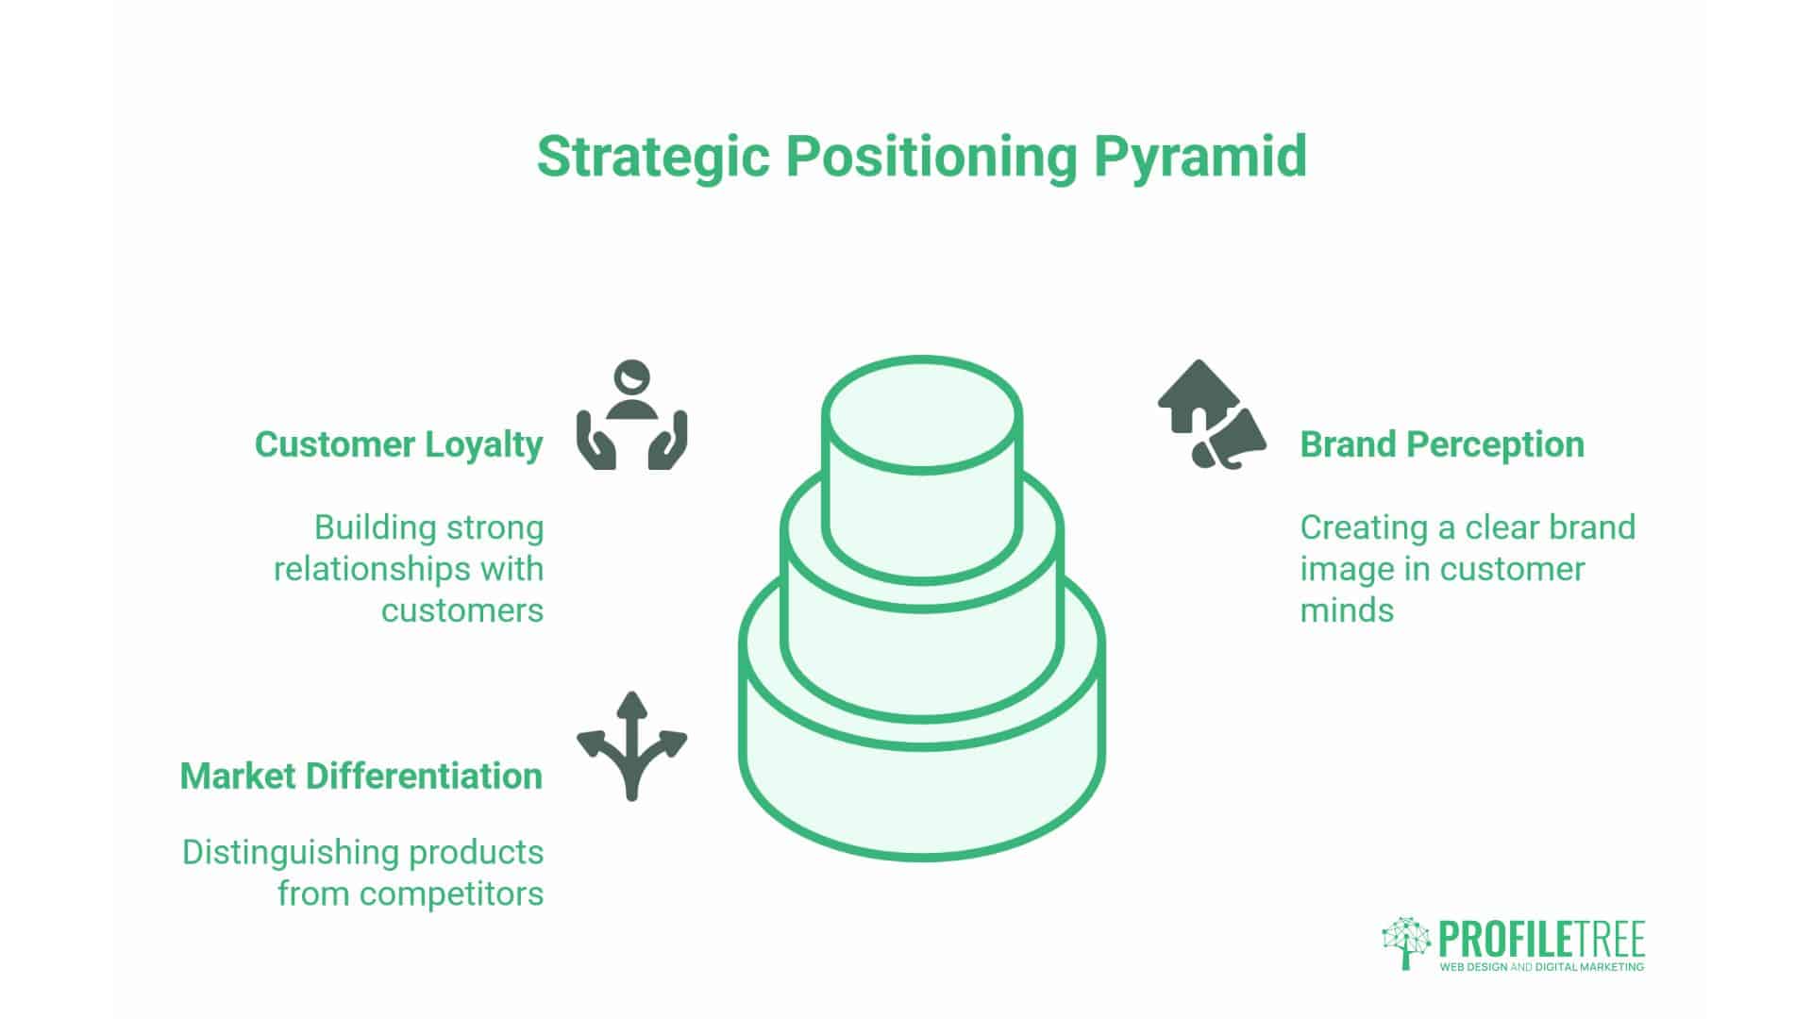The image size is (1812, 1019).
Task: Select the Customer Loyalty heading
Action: click(398, 444)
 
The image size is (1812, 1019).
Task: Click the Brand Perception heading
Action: click(1441, 444)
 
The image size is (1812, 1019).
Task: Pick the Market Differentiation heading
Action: click(361, 777)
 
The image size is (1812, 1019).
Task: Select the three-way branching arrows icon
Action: click(631, 745)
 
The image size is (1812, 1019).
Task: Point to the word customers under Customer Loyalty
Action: click(461, 610)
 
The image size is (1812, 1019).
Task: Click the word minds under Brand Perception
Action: click(1347, 610)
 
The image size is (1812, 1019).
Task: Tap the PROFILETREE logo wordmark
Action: click(1540, 939)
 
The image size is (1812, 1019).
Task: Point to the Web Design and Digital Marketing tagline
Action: click(1540, 967)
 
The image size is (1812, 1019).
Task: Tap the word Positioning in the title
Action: click(931, 157)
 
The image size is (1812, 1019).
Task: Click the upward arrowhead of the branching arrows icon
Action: click(631, 704)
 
